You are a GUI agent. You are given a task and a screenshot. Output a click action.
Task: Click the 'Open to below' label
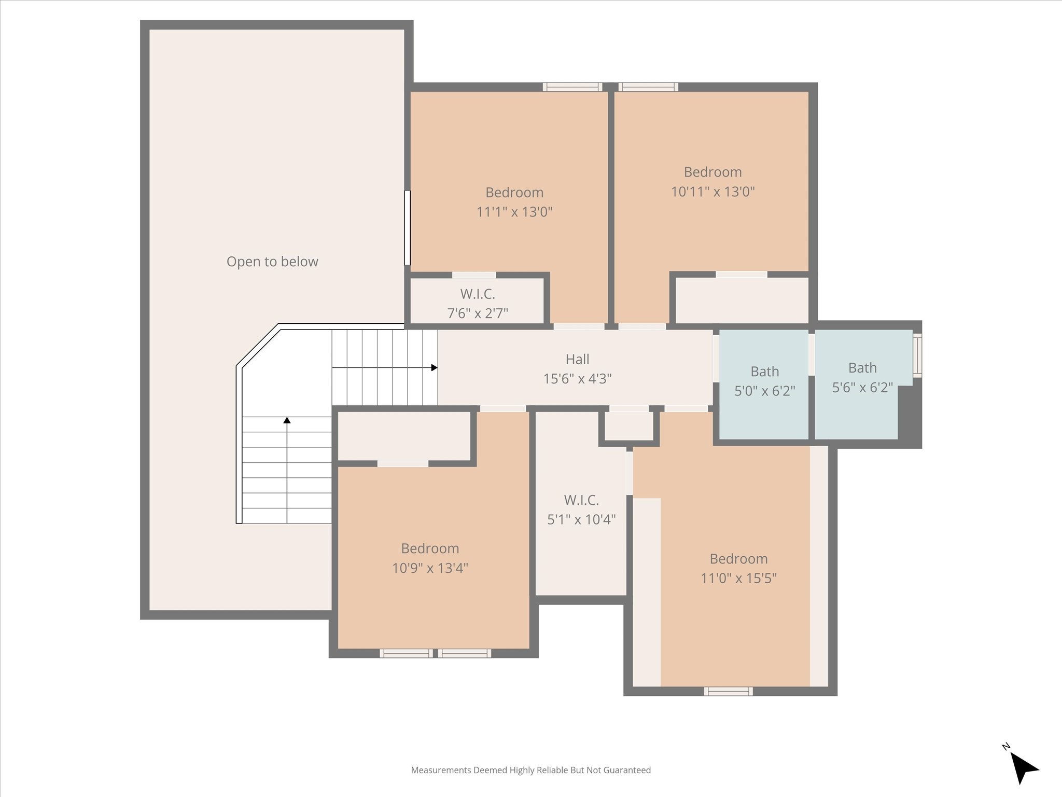pos(272,262)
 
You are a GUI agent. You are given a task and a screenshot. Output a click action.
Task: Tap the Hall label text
pos(577,359)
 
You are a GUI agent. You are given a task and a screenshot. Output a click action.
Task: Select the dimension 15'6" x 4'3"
pos(577,379)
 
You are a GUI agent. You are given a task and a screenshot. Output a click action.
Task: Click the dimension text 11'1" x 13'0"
pos(514,212)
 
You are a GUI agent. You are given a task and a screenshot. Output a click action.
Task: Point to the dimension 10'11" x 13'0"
pos(712,191)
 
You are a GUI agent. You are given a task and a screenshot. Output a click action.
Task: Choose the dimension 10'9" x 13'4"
pos(430,568)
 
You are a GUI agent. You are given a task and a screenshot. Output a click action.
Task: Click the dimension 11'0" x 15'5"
pos(738,578)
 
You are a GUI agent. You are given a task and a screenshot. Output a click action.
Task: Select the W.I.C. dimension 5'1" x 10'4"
pos(581,519)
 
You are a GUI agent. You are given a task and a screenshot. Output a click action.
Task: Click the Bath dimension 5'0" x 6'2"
pos(765,391)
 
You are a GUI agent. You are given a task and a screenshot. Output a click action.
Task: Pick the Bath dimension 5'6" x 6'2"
pos(862,388)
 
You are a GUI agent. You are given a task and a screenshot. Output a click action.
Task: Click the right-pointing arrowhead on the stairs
pos(435,368)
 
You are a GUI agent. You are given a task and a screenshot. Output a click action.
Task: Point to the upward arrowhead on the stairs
pos(287,420)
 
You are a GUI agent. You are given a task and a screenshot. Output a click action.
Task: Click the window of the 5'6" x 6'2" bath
pos(917,355)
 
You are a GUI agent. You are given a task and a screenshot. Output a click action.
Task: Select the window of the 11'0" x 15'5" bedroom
pos(728,691)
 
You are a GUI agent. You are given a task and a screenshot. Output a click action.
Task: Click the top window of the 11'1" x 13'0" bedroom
pos(572,87)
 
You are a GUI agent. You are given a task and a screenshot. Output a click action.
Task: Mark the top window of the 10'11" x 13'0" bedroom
pos(648,87)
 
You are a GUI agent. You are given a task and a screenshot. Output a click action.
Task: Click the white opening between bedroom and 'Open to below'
pos(408,228)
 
